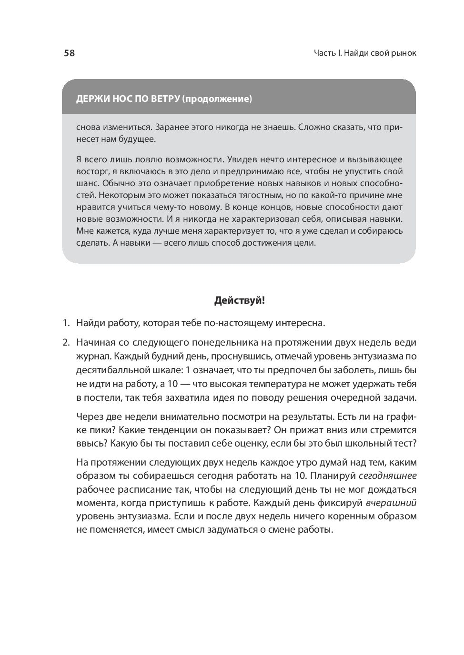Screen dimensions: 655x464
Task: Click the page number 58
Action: [69, 53]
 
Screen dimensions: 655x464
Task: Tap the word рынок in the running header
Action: [403, 53]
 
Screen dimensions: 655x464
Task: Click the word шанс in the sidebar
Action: [87, 183]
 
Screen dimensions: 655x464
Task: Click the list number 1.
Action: [66, 323]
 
